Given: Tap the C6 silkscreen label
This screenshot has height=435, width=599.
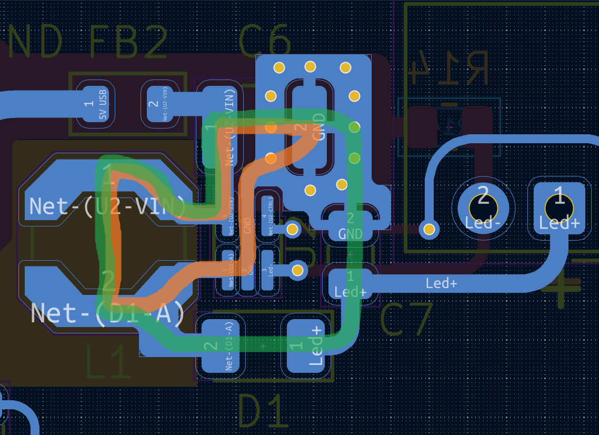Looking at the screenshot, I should point(264,40).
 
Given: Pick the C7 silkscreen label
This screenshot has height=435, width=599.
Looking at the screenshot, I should point(406,320).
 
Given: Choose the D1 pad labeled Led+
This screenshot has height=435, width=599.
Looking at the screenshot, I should point(310,345).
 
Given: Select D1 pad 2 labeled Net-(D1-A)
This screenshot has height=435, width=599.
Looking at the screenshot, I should point(220,345).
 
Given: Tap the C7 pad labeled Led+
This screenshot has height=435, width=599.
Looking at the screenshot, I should point(351,284).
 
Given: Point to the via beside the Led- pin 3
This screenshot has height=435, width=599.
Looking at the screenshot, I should point(297,271).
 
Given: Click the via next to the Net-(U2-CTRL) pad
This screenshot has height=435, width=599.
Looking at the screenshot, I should point(291,229).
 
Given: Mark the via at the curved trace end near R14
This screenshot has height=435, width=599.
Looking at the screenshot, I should point(430,229).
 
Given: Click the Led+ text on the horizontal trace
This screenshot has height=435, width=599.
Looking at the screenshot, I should point(441,283).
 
